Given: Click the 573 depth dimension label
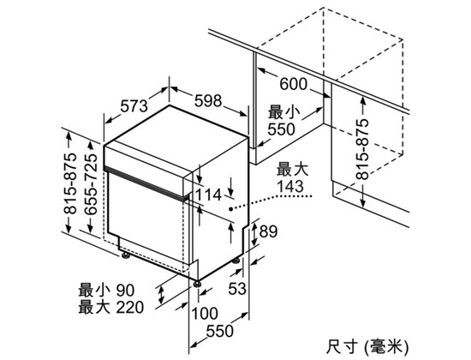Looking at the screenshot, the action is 134,105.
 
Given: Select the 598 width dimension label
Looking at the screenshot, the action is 208,100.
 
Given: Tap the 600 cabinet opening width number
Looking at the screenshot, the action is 294,84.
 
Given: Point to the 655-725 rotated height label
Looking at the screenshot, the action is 91,184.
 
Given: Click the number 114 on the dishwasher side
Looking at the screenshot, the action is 208,195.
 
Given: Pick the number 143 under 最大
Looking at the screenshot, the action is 290,186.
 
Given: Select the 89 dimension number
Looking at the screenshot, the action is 268,231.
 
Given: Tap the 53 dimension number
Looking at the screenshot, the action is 237,288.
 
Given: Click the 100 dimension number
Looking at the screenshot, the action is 205,314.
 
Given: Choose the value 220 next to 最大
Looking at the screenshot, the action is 130,308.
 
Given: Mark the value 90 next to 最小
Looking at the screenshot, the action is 125,291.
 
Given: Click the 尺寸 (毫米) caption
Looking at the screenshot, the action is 367,347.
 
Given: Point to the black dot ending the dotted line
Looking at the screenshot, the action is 230,209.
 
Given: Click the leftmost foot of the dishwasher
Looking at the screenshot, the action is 126,255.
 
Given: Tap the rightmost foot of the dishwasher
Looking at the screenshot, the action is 236,261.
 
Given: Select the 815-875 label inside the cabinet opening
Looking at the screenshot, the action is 361,149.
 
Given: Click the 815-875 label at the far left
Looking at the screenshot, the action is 70,183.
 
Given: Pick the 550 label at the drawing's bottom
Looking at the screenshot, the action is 219,331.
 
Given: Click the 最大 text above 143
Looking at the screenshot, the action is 292,170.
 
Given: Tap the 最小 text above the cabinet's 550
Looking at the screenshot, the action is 283,113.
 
